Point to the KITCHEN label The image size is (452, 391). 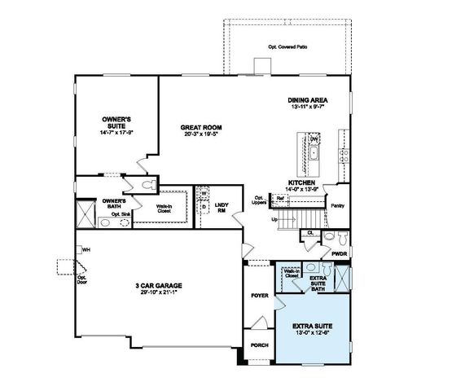click(x=301, y=183)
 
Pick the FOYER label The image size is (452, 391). click(x=259, y=296)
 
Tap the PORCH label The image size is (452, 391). click(x=259, y=345)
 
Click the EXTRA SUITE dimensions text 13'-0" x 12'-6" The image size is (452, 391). click(x=316, y=331)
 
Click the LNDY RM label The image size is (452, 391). click(x=221, y=206)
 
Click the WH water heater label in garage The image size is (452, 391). click(x=85, y=249)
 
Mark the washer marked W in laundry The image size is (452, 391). click(x=205, y=194)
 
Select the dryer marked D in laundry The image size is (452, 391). click(x=205, y=206)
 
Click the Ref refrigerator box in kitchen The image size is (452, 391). click(x=279, y=197)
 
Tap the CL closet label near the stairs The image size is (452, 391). click(x=310, y=233)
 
